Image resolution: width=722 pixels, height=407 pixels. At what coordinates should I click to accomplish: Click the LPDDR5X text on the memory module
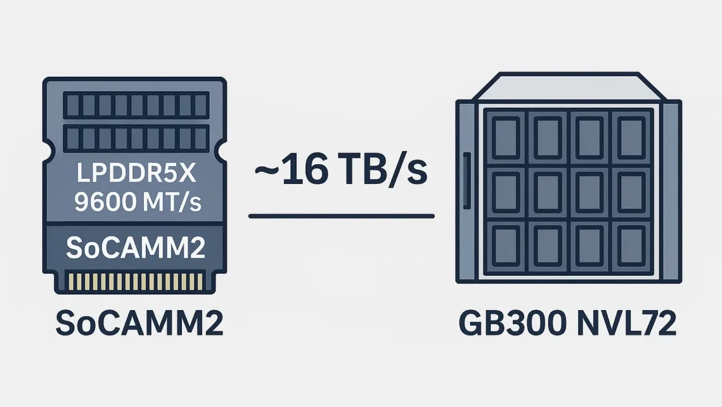coord(135,176)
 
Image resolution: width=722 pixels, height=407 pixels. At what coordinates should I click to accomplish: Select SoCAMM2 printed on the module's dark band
coord(135,247)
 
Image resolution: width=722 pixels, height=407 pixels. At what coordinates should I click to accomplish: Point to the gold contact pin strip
coord(135,281)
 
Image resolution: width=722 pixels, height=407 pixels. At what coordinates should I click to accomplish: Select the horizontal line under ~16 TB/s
coord(341,216)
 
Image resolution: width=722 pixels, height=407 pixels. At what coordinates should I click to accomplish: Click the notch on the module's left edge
coord(47,152)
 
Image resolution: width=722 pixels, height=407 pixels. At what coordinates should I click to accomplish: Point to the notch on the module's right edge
coord(223,152)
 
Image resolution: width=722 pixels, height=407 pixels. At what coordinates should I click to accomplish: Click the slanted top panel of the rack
coord(568,87)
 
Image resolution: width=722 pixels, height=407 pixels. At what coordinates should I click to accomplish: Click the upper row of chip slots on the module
coord(135,105)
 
